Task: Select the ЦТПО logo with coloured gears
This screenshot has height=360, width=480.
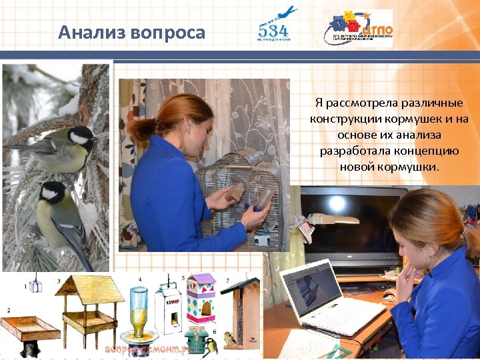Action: pyautogui.click(x=358, y=27)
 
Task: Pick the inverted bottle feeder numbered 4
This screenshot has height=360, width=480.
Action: pyautogui.click(x=139, y=313)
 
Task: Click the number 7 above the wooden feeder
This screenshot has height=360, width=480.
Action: pyautogui.click(x=227, y=281)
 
